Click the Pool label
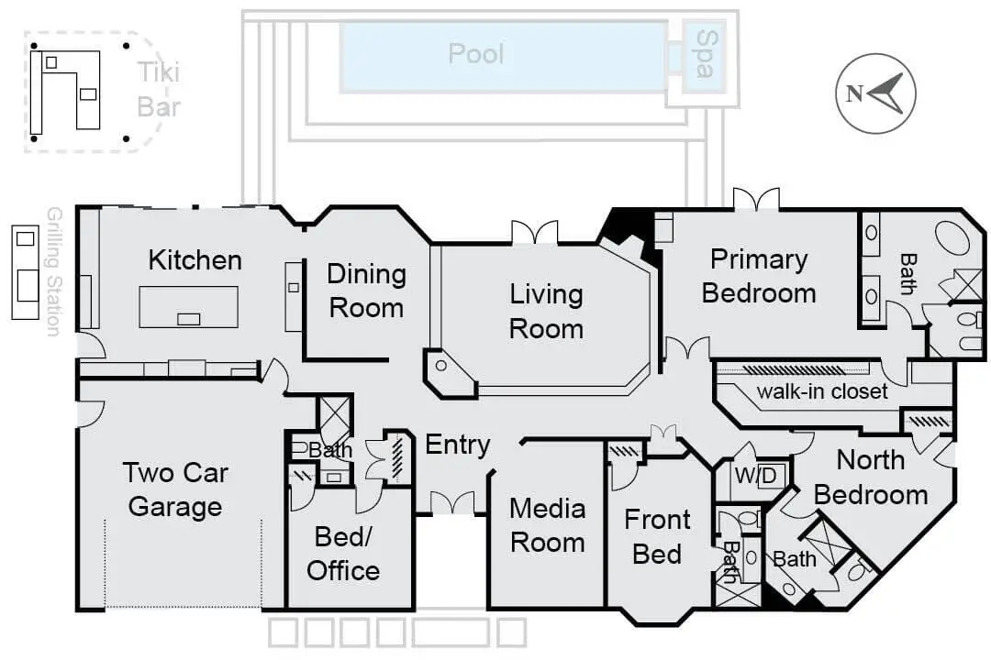tap(476, 54)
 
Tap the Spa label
tap(704, 54)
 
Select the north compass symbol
tap(875, 93)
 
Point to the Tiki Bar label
tap(159, 89)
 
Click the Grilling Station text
tap(54, 271)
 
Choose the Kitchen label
tap(195, 260)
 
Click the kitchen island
tap(188, 307)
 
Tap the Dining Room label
tap(366, 291)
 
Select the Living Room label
tap(546, 312)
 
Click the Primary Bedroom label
tap(759, 276)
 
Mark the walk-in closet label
tap(822, 391)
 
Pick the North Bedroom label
tap(870, 478)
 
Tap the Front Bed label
tap(657, 537)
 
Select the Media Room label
tap(547, 525)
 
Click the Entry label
tap(458, 445)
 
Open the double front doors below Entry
tap(452, 503)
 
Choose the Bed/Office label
tap(343, 554)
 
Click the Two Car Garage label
tap(175, 489)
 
